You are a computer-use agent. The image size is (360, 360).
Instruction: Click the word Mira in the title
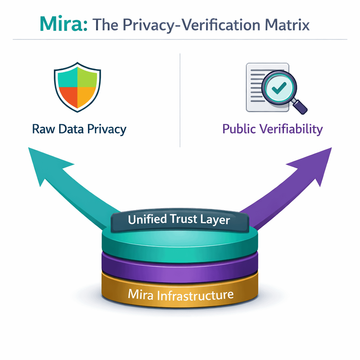pyautogui.click(x=63, y=24)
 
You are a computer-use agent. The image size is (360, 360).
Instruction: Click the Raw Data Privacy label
pyautogui.click(x=79, y=129)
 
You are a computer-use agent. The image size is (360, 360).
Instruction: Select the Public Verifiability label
pyautogui.click(x=272, y=129)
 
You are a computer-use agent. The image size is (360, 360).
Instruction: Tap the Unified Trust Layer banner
pyautogui.click(x=179, y=220)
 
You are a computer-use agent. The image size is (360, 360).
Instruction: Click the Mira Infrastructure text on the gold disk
pyautogui.click(x=180, y=295)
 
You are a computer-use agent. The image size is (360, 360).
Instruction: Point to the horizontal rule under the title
pyautogui.click(x=180, y=39)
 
